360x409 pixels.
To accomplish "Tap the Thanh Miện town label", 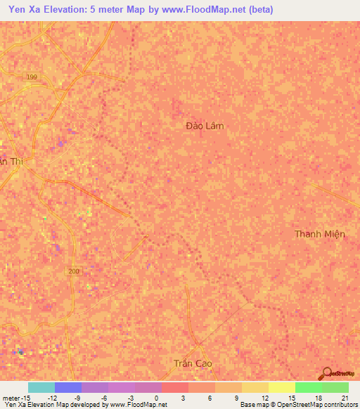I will (x=320, y=234).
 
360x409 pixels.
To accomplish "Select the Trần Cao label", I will (x=192, y=363).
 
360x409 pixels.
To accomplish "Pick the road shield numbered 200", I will (x=75, y=271).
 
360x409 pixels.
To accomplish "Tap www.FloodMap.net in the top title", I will (x=209, y=10).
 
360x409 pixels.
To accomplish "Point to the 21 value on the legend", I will (x=344, y=397).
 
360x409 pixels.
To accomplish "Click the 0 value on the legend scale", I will (x=157, y=397).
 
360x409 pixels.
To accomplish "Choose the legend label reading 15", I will (x=290, y=397).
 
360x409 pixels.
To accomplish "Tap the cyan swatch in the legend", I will (x=41, y=387).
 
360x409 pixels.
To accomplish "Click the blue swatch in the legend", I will (x=68, y=387).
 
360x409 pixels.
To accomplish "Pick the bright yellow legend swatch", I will (x=281, y=387).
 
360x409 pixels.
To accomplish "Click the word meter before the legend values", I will (x=11, y=397).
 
